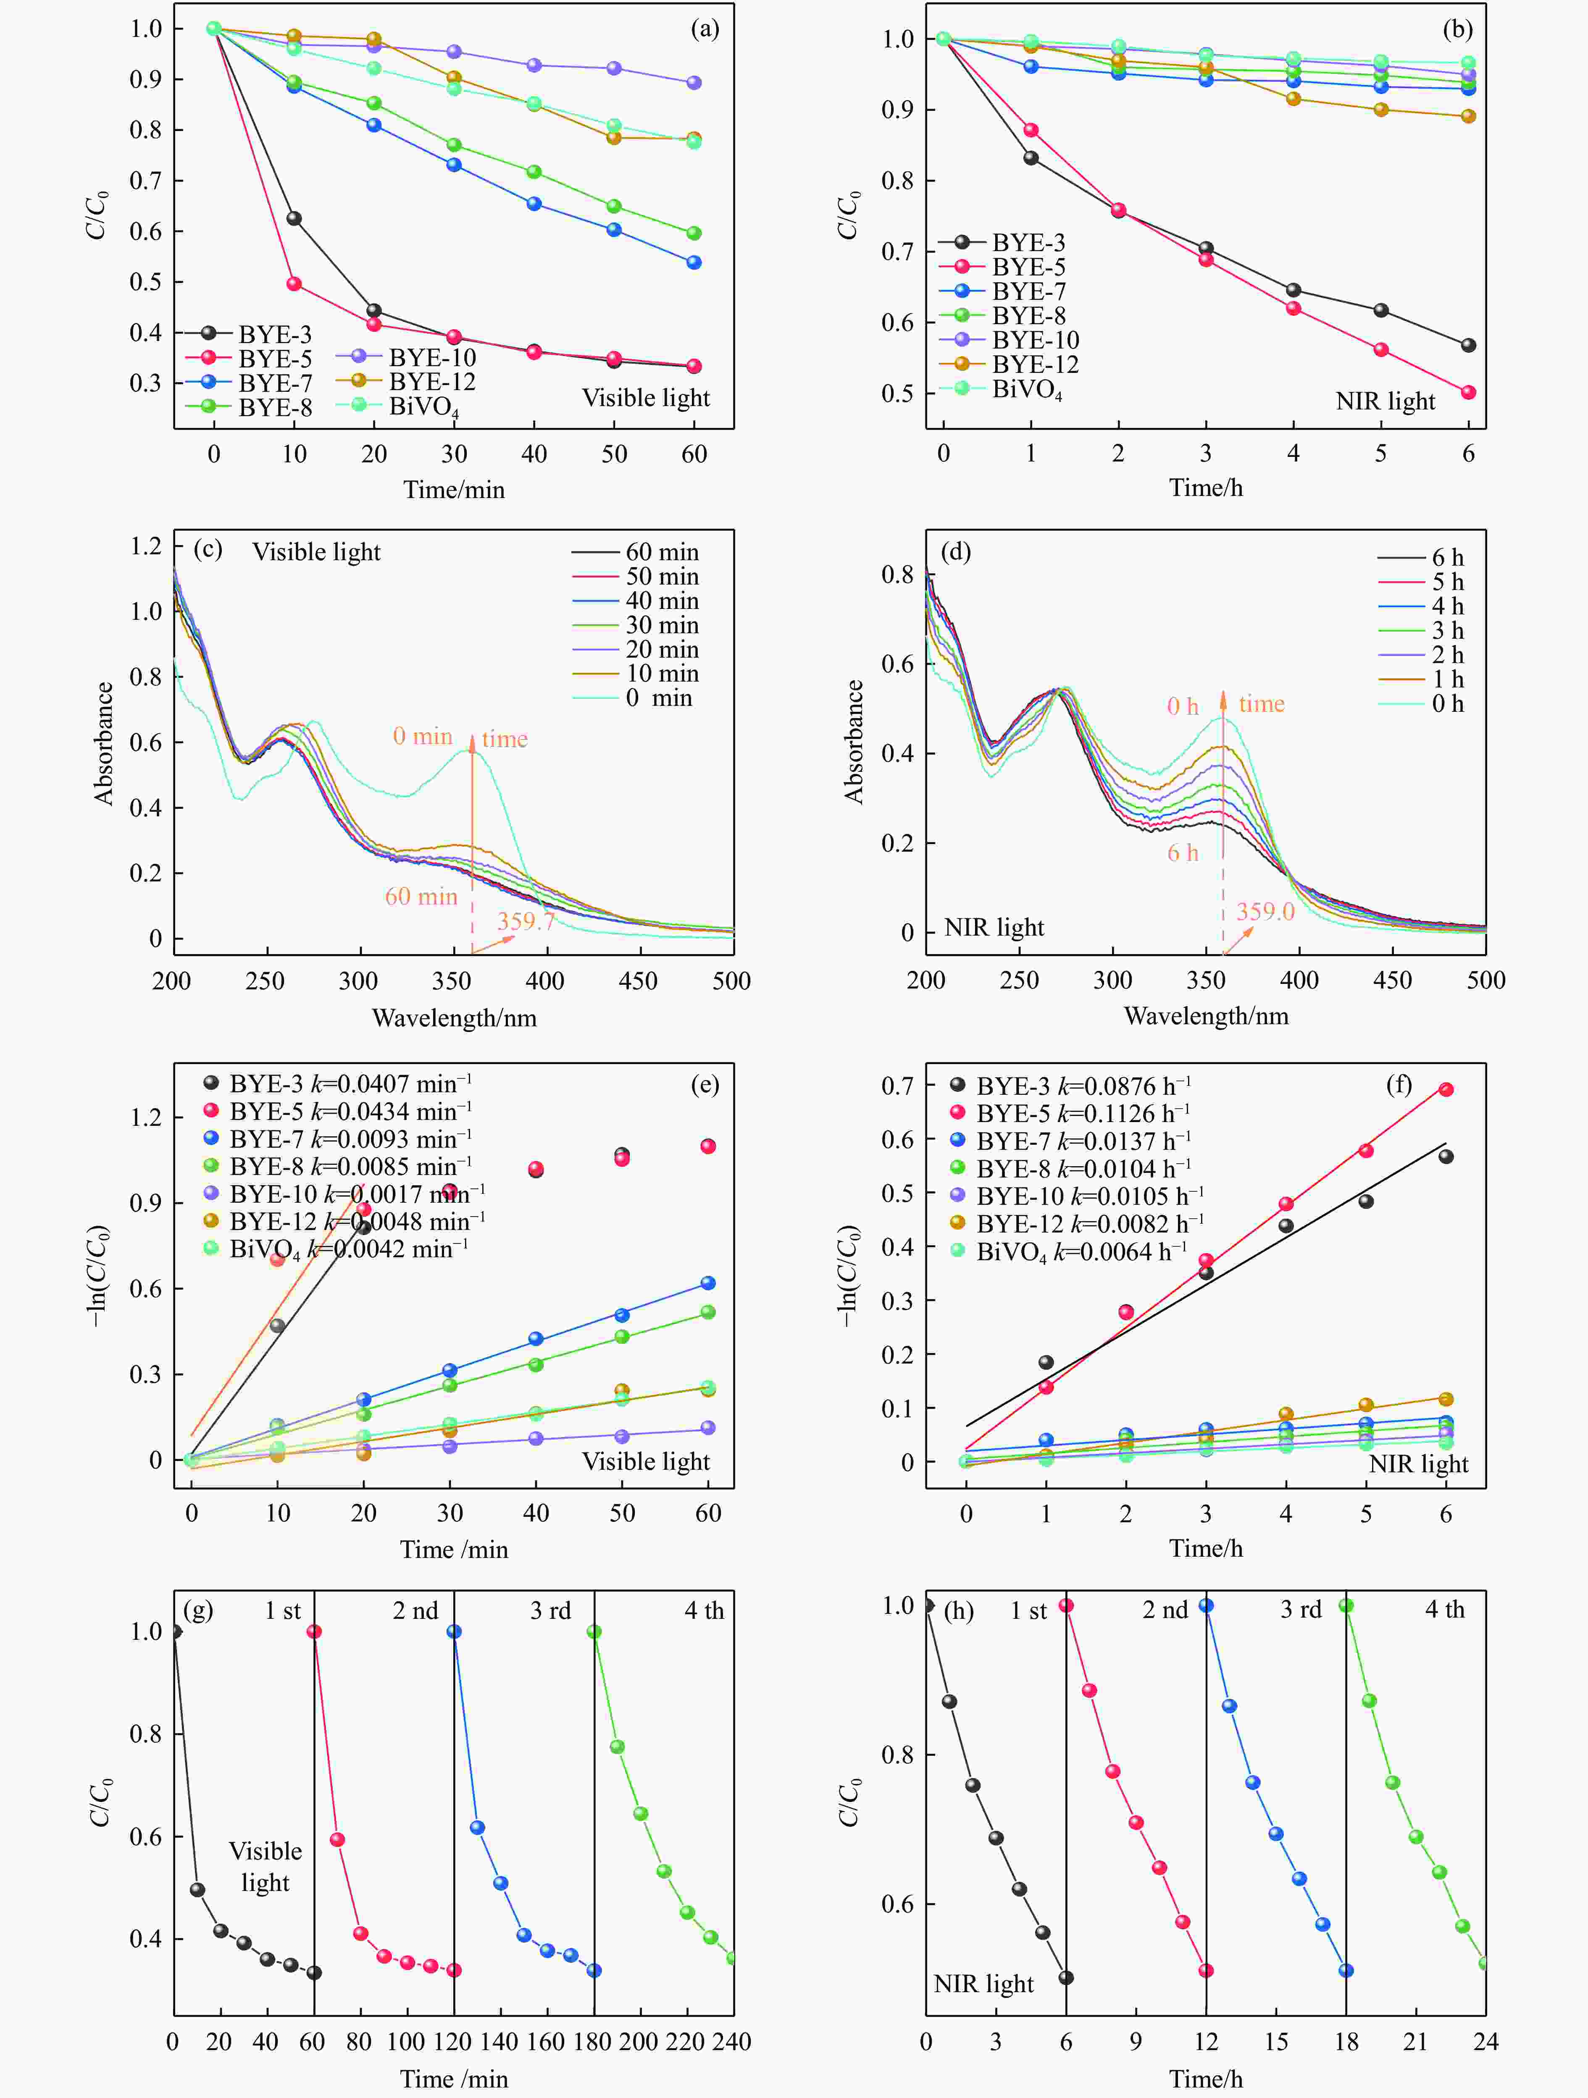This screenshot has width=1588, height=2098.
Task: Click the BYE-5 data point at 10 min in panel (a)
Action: [x=294, y=283]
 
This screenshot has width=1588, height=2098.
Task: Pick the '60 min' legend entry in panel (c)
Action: [x=636, y=552]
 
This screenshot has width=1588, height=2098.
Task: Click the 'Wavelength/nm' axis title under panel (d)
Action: [x=1206, y=1017]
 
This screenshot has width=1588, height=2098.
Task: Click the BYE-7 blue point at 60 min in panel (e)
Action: [x=708, y=1283]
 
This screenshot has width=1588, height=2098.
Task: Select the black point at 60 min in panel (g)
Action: [x=314, y=1973]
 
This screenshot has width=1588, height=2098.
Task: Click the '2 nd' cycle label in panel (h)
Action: [x=1165, y=1610]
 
